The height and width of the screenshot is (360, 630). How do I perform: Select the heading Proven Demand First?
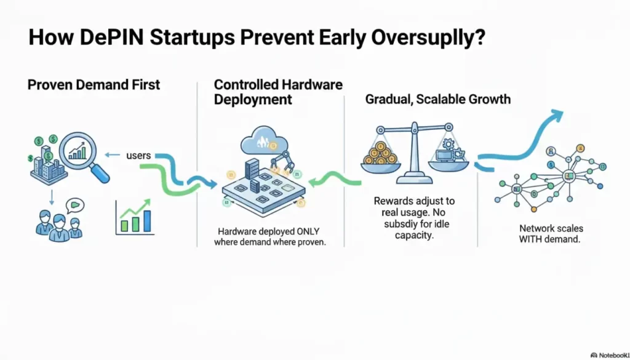(x=94, y=85)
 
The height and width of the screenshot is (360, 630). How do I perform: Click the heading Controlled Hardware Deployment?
(x=278, y=92)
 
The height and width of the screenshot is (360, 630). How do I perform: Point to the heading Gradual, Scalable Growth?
(x=438, y=99)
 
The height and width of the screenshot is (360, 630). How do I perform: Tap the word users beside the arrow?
(x=138, y=155)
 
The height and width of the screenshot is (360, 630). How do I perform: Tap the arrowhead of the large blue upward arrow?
(x=556, y=114)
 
